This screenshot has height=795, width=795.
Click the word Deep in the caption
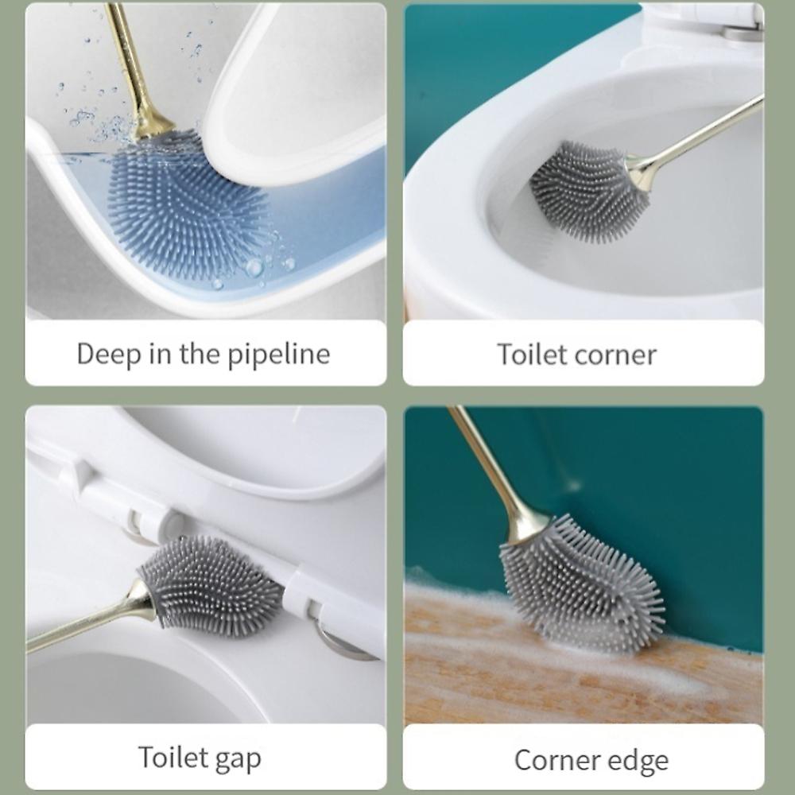click(x=109, y=354)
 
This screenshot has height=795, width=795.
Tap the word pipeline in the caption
click(x=278, y=354)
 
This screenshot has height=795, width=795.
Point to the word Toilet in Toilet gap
click(x=173, y=757)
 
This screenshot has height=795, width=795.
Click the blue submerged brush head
click(x=188, y=203)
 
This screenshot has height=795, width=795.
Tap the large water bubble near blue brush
click(x=254, y=267)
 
